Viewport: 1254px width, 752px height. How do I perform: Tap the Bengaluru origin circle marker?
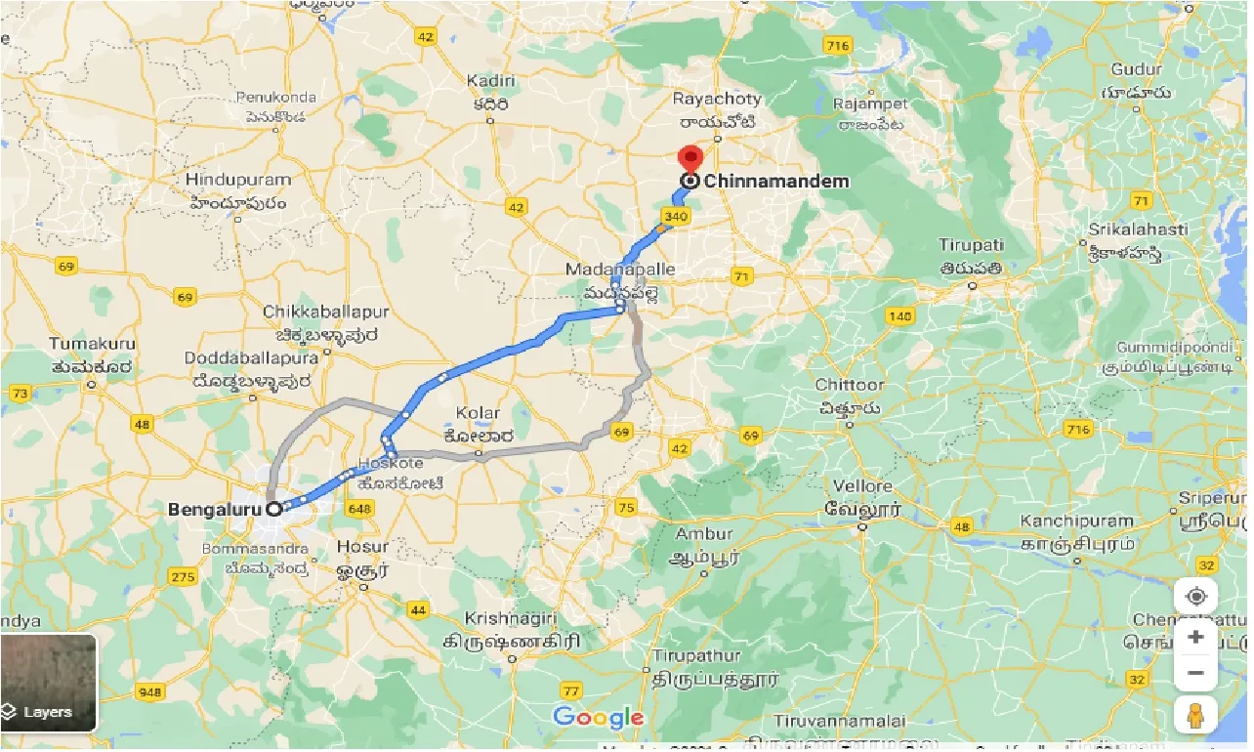pyautogui.click(x=274, y=508)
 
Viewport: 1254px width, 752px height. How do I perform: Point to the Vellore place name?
pyautogui.click(x=861, y=486)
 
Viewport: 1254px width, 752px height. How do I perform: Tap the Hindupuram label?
pyautogui.click(x=238, y=181)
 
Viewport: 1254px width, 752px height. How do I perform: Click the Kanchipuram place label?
pyautogui.click(x=1077, y=522)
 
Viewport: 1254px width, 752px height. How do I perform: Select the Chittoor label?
pyautogui.click(x=849, y=386)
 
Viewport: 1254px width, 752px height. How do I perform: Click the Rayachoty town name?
pyautogui.click(x=714, y=100)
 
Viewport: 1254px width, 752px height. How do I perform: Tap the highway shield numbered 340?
pyautogui.click(x=675, y=216)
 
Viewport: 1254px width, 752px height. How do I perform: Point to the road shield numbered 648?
pyautogui.click(x=359, y=508)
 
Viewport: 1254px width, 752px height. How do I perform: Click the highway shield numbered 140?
pyautogui.click(x=899, y=315)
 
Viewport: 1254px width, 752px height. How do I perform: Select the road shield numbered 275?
pyautogui.click(x=183, y=577)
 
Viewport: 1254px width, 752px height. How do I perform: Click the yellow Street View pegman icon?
pyautogui.click(x=1195, y=715)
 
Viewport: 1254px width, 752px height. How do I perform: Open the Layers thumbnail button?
pyautogui.click(x=49, y=684)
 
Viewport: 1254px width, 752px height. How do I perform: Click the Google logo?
pyautogui.click(x=598, y=718)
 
